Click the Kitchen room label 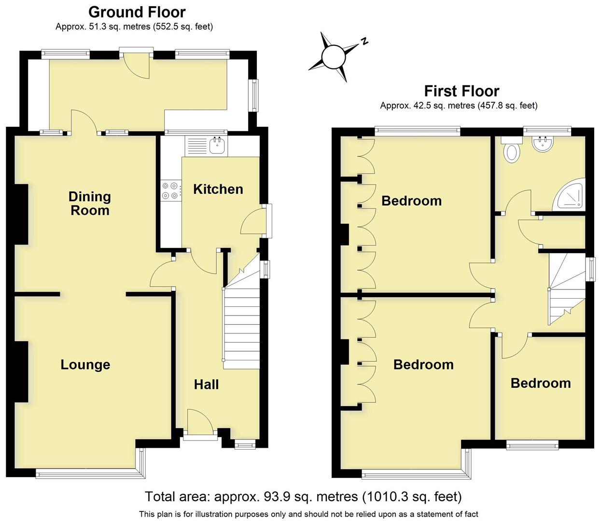(x=218, y=189)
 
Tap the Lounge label (x=85, y=365)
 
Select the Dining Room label (x=89, y=203)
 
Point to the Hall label (x=206, y=384)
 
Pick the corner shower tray (x=571, y=196)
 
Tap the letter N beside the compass (x=365, y=41)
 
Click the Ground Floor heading (x=137, y=12)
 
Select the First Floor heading (x=461, y=91)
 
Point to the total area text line (x=303, y=496)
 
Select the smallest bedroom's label (x=540, y=383)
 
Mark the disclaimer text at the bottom (x=308, y=514)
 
